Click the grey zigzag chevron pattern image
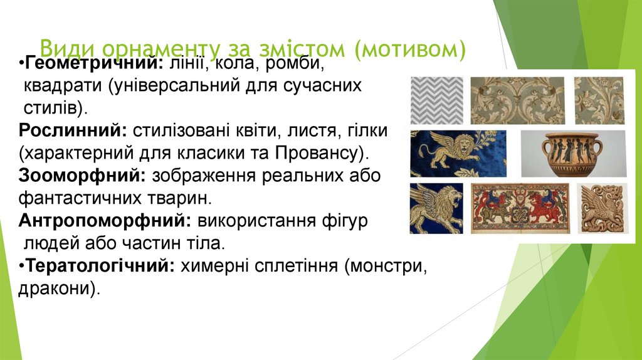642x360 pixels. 436,100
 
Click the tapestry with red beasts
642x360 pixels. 520,208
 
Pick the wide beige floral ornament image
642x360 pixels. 517,100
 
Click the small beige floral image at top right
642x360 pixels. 599,100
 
